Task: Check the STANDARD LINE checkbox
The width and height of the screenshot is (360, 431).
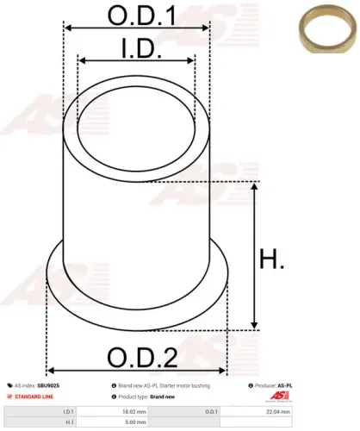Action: click(9, 396)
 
